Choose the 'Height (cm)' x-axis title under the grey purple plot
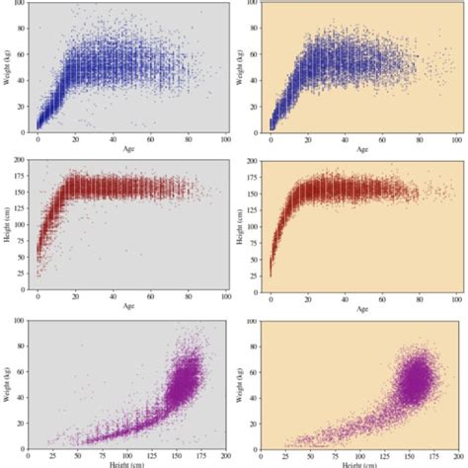[129, 463]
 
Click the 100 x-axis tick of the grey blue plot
[226, 139]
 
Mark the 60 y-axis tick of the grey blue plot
[22, 54]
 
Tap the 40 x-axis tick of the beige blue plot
[345, 139]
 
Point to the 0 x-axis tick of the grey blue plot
[38, 139]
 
